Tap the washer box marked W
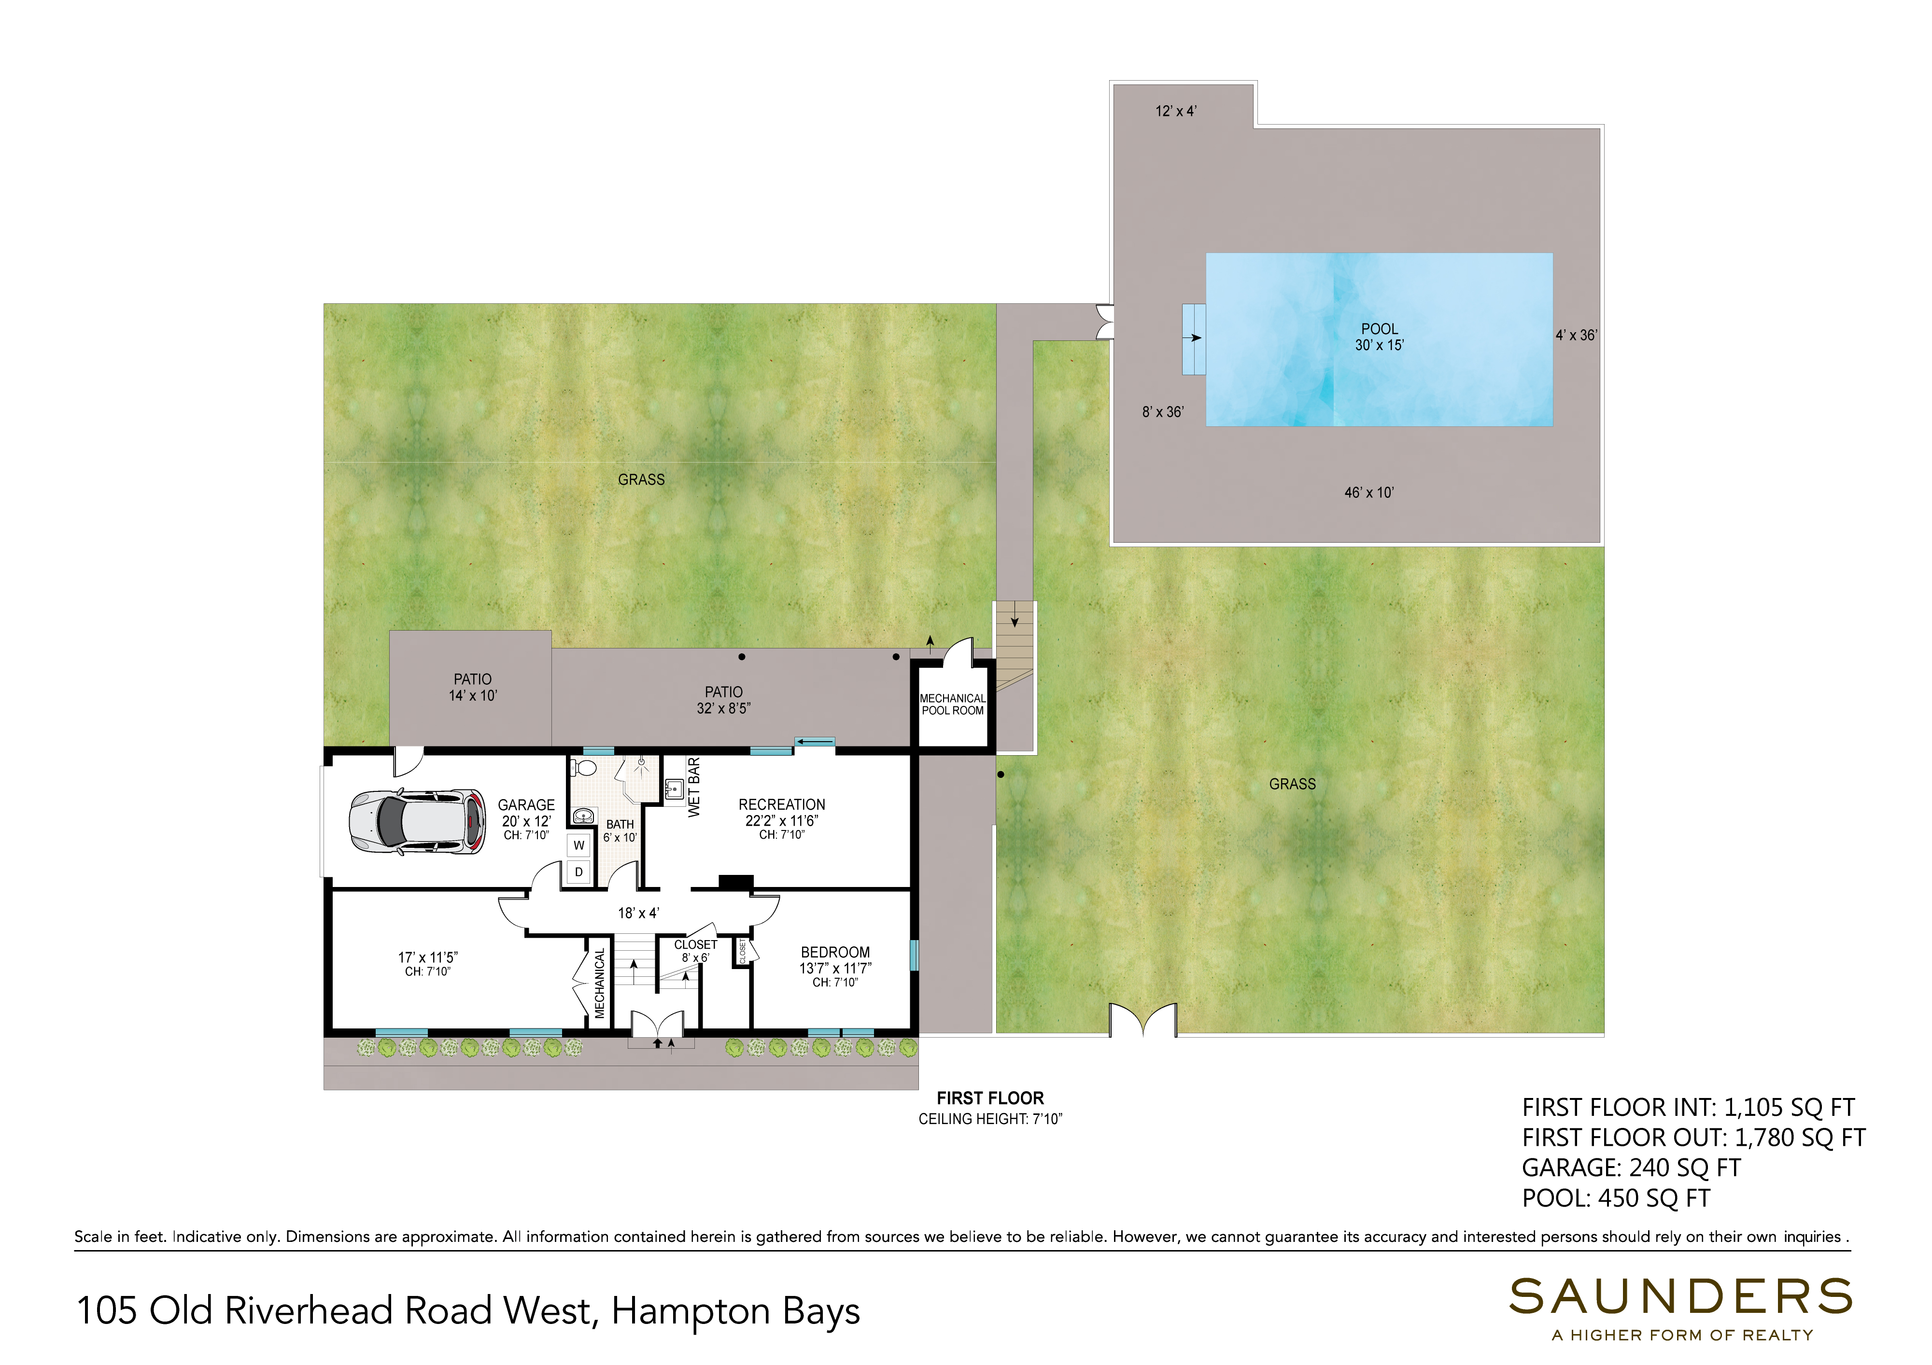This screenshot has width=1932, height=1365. click(579, 845)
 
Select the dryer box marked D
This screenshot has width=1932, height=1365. click(579, 872)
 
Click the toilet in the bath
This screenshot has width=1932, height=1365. click(583, 768)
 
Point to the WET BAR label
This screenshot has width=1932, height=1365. click(694, 787)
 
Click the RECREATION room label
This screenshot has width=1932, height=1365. click(782, 804)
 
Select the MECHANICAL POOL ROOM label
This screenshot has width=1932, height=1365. click(953, 704)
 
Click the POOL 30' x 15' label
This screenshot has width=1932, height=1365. click(1379, 337)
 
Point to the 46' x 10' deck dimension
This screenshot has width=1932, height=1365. click(1369, 493)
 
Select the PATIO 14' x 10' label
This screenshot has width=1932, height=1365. click(473, 687)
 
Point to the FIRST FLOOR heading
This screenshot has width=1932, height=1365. click(990, 1098)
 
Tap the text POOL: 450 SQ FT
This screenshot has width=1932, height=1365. click(1616, 1198)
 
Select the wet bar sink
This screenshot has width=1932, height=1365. click(673, 789)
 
